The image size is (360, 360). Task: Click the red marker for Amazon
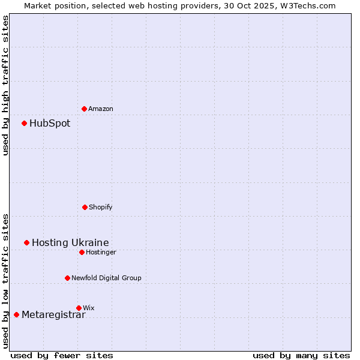click(x=84, y=109)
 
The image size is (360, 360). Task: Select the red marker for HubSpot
click(x=24, y=123)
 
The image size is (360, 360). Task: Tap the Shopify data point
click(x=85, y=207)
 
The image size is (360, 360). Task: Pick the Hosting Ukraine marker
click(x=26, y=242)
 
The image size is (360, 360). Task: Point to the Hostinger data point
click(x=82, y=252)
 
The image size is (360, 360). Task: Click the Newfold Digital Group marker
click(x=67, y=278)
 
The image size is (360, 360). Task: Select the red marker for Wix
click(x=79, y=308)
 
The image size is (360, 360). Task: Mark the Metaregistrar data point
click(x=16, y=314)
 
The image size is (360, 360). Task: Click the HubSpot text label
click(x=50, y=124)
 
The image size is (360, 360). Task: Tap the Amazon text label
click(x=101, y=109)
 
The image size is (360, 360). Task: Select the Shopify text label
click(x=101, y=208)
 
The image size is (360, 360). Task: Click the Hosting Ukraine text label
click(x=70, y=243)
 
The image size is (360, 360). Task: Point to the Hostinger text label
click(x=101, y=253)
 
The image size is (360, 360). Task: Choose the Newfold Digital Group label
click(x=106, y=278)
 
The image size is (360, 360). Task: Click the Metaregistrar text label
click(x=53, y=315)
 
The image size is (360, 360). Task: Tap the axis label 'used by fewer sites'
click(x=62, y=356)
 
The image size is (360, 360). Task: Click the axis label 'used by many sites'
click(x=301, y=356)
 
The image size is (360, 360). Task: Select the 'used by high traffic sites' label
click(x=5, y=85)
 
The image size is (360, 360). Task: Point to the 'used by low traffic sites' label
click(x=5, y=280)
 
